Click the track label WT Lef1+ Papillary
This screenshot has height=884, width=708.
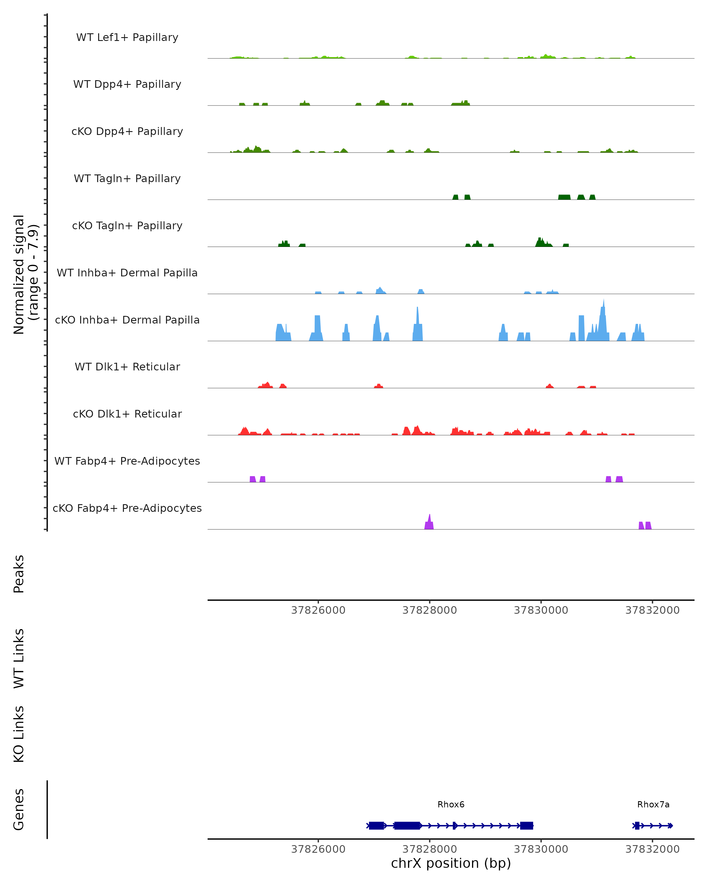(127, 37)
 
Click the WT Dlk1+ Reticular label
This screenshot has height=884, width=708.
(127, 367)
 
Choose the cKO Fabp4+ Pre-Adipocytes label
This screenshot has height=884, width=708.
(127, 508)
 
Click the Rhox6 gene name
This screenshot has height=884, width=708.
(451, 804)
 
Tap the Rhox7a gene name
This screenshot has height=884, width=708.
(653, 804)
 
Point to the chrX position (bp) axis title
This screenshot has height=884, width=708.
(451, 863)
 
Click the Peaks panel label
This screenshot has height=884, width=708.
(19, 574)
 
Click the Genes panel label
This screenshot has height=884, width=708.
(19, 809)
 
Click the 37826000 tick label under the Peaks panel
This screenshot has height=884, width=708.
(318, 610)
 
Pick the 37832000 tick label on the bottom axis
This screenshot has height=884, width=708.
(652, 849)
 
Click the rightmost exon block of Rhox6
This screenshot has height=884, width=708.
(526, 825)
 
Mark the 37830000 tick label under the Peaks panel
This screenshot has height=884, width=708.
(541, 610)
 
